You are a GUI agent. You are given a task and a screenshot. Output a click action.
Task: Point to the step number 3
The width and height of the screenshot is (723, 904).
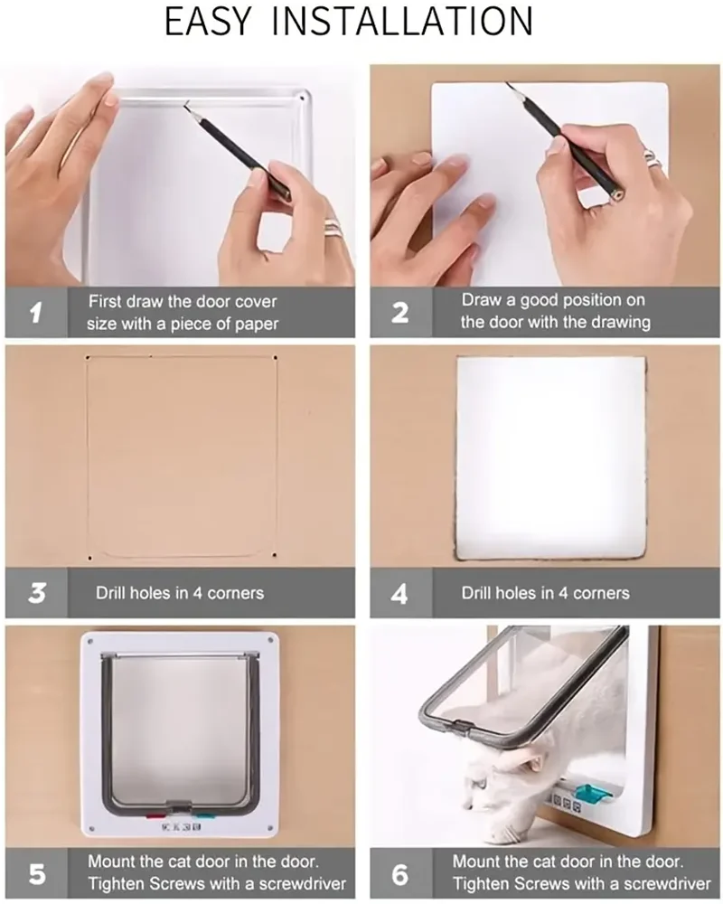37,593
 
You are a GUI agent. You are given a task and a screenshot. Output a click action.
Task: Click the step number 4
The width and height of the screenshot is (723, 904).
400,593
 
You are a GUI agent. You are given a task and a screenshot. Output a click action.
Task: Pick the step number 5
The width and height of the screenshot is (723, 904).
36,874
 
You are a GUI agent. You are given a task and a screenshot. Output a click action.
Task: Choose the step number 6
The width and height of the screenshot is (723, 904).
400,874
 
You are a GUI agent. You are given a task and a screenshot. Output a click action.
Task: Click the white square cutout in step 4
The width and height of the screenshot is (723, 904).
551,457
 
